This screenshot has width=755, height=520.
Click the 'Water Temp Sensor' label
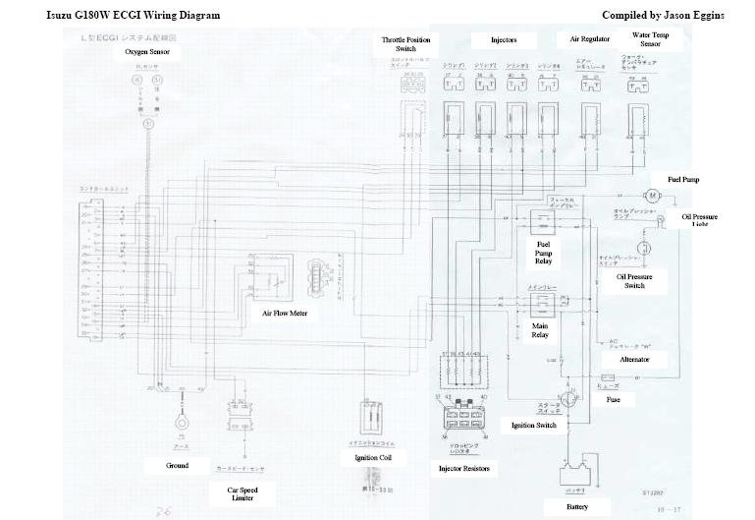650,38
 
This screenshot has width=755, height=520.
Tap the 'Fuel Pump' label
682,180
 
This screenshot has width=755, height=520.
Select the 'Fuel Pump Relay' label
543,252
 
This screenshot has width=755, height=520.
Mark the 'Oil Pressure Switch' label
635,281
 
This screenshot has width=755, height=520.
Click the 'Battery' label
578,507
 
